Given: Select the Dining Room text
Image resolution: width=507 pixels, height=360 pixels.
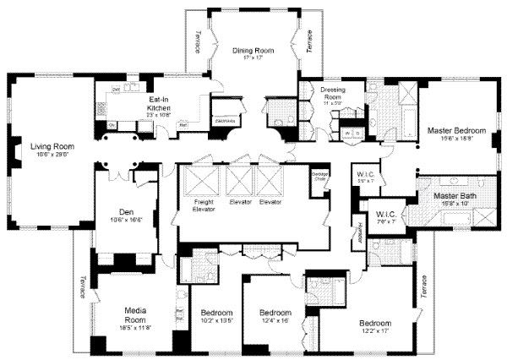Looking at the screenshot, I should (253, 53).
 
